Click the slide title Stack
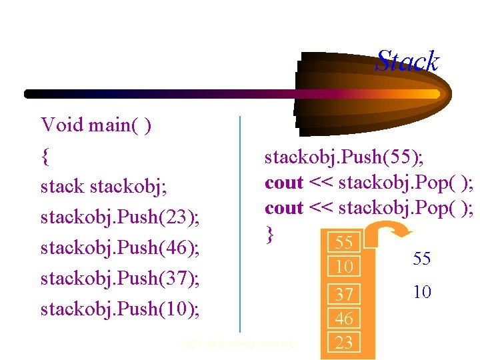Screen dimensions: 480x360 click(407, 61)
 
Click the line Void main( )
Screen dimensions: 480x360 click(96, 125)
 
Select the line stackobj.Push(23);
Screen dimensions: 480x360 click(121, 217)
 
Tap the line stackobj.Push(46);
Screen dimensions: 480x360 click(121, 247)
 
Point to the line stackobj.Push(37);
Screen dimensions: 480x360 click(121, 278)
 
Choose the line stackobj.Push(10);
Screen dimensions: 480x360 click(121, 309)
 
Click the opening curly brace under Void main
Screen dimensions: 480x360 click(45, 156)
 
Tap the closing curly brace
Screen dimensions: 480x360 click(269, 233)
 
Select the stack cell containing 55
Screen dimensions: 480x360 click(344, 242)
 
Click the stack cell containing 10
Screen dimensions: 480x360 click(344, 267)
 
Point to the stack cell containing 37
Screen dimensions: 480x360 click(344, 294)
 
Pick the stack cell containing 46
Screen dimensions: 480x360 click(344, 319)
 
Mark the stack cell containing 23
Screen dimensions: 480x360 click(344, 343)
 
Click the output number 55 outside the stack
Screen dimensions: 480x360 click(421, 259)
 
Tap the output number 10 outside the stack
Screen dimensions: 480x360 click(421, 291)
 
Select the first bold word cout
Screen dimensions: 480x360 click(284, 182)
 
